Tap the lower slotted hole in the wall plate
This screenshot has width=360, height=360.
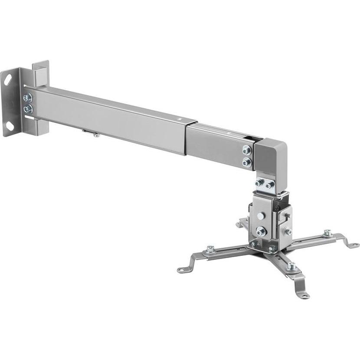(x=8, y=126)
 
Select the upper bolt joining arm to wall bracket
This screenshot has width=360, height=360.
(x=27, y=98)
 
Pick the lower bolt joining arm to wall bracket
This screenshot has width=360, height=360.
(x=27, y=108)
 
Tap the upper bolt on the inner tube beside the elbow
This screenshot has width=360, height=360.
(x=247, y=150)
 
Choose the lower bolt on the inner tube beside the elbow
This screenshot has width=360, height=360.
(x=247, y=162)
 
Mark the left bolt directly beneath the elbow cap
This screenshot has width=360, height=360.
(x=259, y=183)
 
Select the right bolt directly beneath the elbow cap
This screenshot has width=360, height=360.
(x=270, y=185)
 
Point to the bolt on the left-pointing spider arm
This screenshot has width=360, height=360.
(x=211, y=249)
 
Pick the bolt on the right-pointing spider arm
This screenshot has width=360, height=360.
(x=326, y=233)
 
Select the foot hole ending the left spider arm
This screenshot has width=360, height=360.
(x=181, y=270)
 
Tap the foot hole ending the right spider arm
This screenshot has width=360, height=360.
(x=352, y=245)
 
